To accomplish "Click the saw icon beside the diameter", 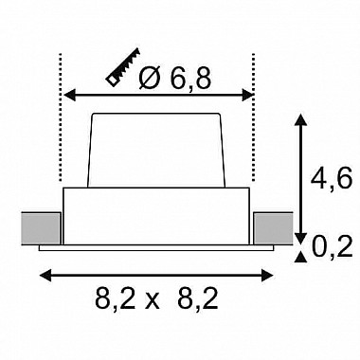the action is coord(123,67).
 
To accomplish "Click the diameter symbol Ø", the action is coord(150,78).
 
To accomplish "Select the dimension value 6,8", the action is coord(189,78).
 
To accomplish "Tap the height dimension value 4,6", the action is coord(331,178).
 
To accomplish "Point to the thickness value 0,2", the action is coord(332,246).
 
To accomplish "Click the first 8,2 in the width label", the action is coord(115,298).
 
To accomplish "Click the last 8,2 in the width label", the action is coord(198,298).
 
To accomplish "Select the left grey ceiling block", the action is coord(41,228).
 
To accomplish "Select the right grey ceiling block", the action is coord(273,228).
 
